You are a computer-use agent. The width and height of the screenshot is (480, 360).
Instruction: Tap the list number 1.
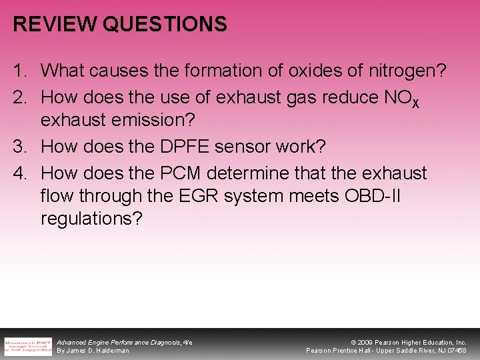tap(18, 69)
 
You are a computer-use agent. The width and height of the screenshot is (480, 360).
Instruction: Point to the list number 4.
tap(18, 173)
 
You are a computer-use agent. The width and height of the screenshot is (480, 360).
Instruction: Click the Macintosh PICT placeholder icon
tap(28, 345)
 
